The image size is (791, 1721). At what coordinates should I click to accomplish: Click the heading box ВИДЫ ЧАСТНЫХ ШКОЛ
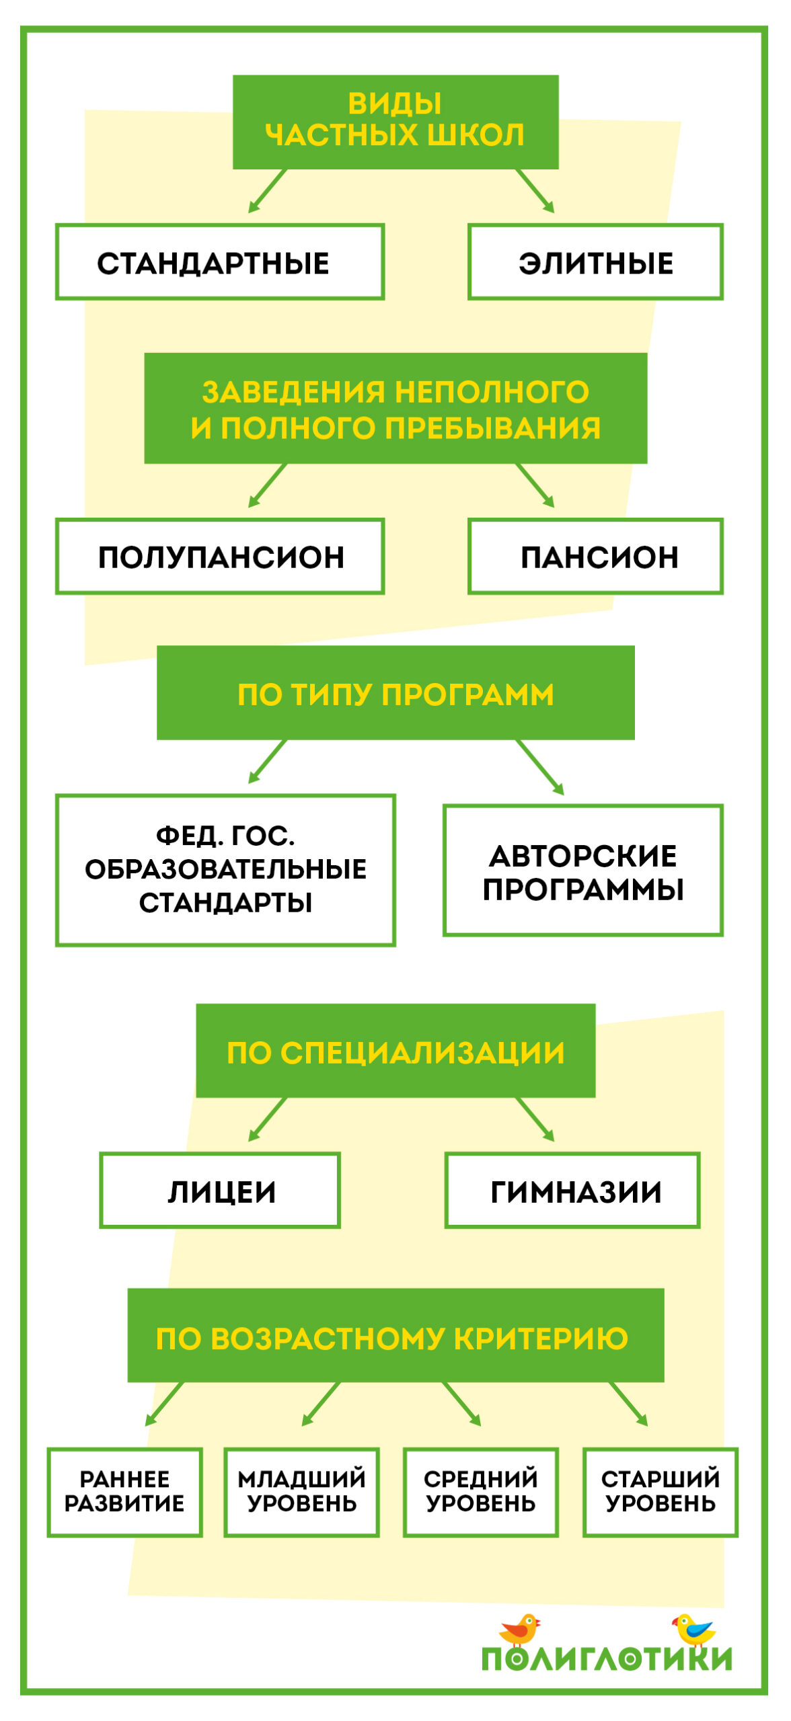point(396,122)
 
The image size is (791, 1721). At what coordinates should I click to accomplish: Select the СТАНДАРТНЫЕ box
point(220,262)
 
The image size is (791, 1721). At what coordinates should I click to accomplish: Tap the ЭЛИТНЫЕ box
point(595,262)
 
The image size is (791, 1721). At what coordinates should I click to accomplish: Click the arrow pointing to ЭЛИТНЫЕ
point(535,191)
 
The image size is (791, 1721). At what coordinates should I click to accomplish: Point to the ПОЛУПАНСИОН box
point(220,556)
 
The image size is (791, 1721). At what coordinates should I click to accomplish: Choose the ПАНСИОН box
point(595,556)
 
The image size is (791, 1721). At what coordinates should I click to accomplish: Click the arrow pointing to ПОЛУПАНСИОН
point(268,485)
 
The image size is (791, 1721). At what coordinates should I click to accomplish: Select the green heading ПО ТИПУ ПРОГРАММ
point(396,692)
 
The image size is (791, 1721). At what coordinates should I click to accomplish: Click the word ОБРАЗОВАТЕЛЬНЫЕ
point(225,869)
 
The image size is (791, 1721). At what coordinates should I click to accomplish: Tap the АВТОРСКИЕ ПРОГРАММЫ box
point(582,871)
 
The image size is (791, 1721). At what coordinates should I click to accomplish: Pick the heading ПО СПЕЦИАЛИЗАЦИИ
point(396,1051)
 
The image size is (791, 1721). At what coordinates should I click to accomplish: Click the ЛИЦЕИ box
point(220,1191)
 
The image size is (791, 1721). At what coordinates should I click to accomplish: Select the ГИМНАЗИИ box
point(572,1191)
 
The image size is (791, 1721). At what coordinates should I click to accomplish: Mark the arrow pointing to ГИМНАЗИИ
point(535,1119)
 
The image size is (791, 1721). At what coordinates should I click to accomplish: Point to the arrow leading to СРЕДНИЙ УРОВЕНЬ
point(461,1404)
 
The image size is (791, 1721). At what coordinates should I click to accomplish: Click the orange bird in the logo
point(519,1628)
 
